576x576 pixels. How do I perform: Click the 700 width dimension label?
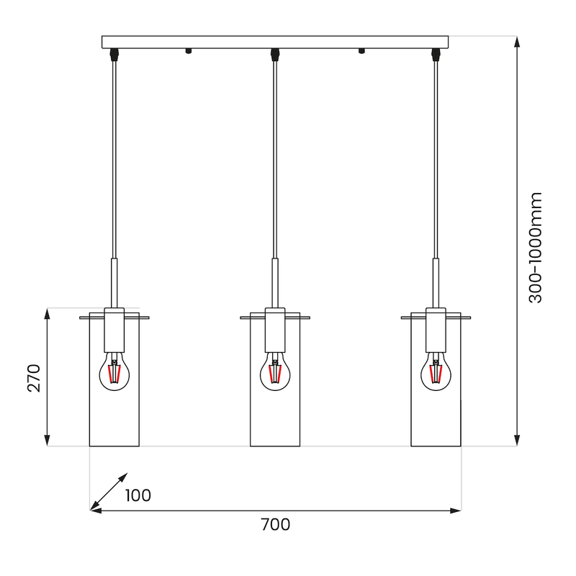[x=275, y=525]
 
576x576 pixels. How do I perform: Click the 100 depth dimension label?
[x=138, y=495]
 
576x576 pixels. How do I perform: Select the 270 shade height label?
[x=34, y=377]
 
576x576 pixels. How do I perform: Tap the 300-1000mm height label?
[x=536, y=247]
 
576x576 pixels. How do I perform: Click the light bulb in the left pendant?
[x=113, y=371]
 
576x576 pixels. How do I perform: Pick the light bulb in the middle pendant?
[x=274, y=371]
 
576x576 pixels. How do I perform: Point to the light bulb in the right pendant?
[x=436, y=371]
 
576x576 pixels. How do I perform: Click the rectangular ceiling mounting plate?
[x=275, y=42]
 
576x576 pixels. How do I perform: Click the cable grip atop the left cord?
[x=113, y=53]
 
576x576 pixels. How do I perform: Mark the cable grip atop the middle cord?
[x=274, y=53]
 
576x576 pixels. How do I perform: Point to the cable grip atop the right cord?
[x=436, y=53]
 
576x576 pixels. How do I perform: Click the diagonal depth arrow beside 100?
[x=109, y=492]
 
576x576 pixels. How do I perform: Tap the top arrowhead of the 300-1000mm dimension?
[x=517, y=41]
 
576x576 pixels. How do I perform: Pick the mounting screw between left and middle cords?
[x=189, y=51]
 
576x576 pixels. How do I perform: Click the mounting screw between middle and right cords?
[x=361, y=51]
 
